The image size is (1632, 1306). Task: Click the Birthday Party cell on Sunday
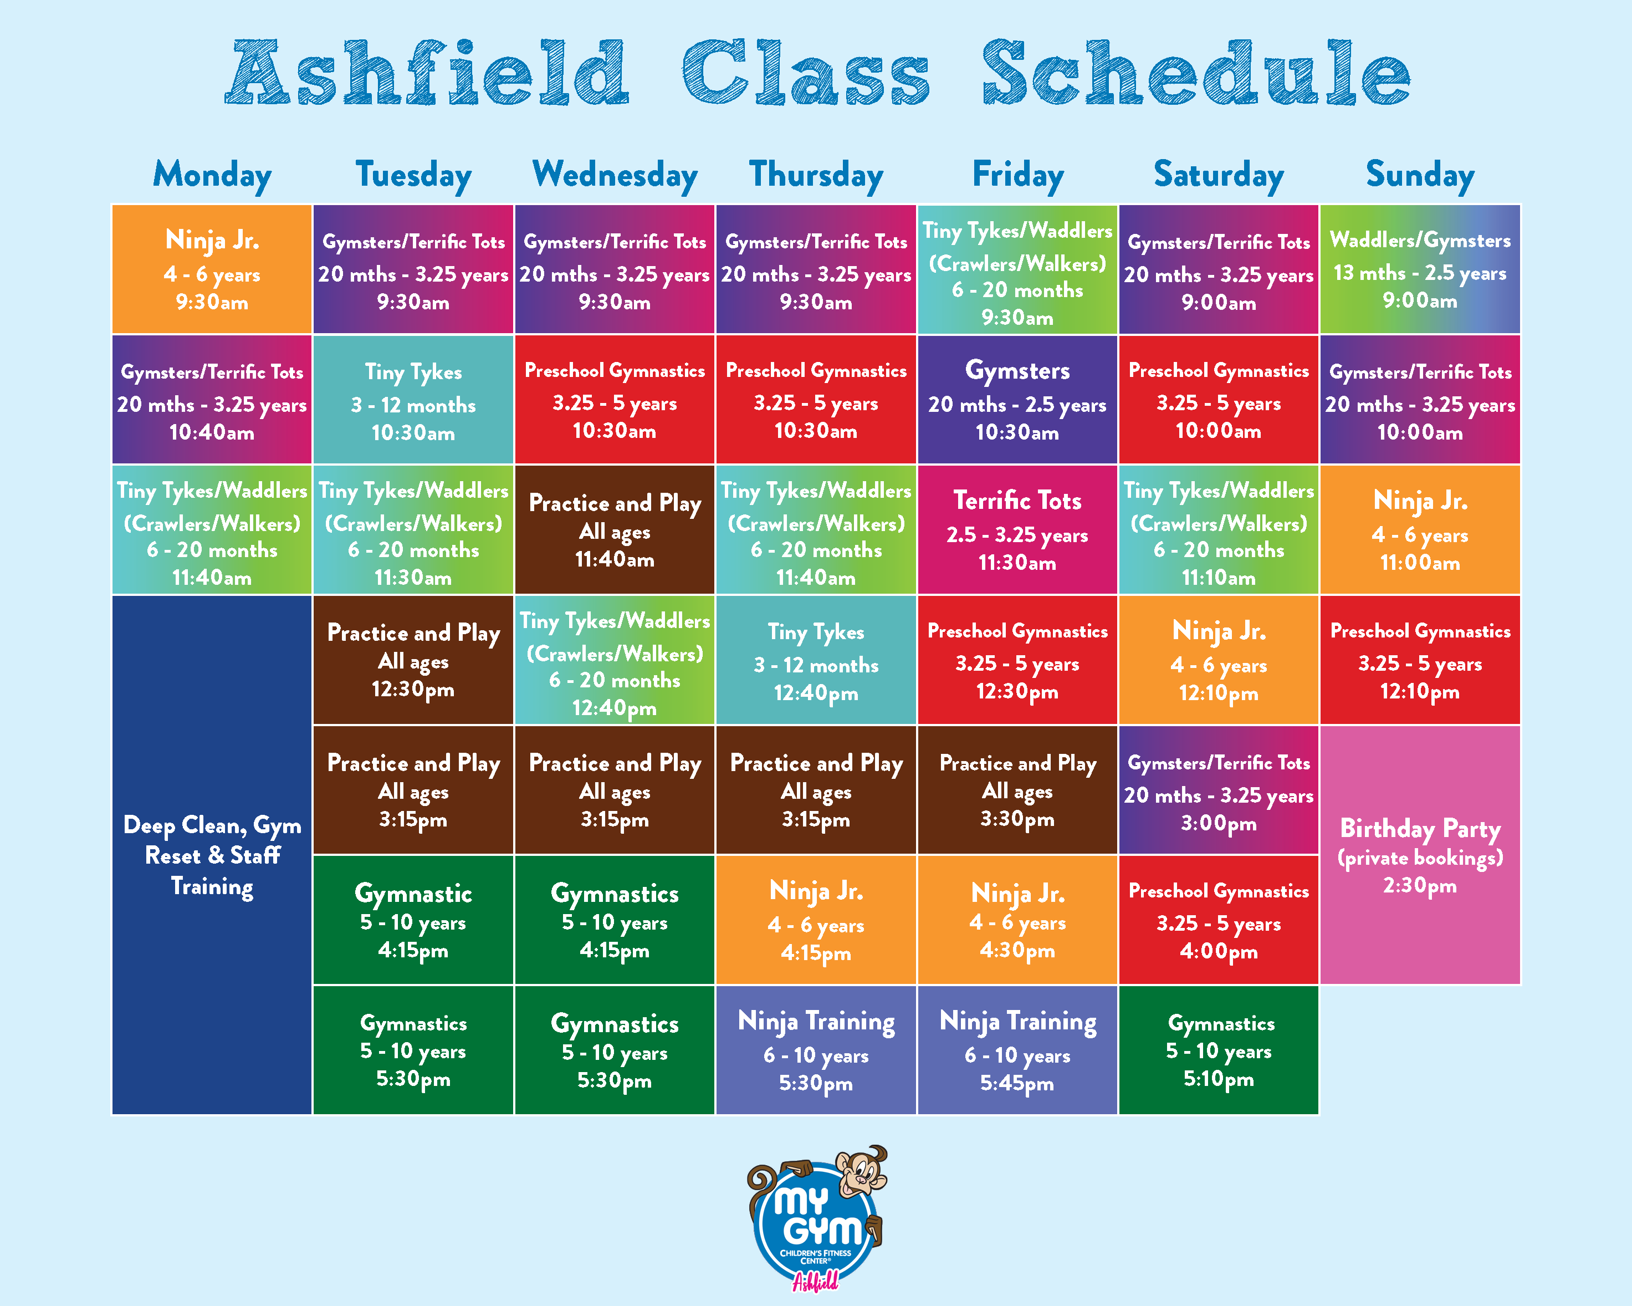pos(1420,855)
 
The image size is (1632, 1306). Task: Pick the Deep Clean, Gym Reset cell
pos(212,855)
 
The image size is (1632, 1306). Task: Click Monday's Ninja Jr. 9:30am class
pos(212,269)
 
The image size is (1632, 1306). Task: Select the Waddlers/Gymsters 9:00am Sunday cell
pos(1420,269)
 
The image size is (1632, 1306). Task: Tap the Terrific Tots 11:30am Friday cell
pos(1017,530)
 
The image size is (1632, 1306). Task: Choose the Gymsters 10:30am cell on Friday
pos(1017,400)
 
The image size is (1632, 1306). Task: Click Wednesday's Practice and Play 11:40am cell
pos(615,530)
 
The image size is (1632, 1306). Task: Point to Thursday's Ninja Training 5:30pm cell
pos(816,1050)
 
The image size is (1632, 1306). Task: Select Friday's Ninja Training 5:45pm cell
pos(1017,1050)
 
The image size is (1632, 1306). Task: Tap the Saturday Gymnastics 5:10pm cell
pos(1219,1050)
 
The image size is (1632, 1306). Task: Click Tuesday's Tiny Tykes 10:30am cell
pos(413,400)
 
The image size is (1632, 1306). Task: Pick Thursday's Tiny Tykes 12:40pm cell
pos(816,660)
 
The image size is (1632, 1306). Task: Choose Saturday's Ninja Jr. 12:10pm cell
pos(1219,660)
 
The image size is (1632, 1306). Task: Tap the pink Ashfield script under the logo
pos(815,1281)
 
